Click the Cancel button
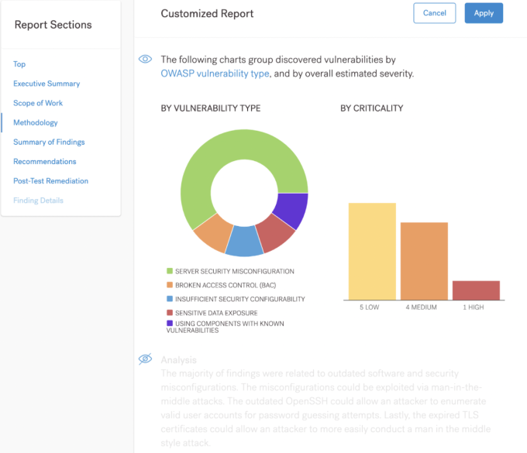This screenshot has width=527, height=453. click(x=435, y=13)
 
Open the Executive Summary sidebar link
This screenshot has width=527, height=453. click(x=46, y=84)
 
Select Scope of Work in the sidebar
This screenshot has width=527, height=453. click(x=38, y=103)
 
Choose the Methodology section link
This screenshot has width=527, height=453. click(x=36, y=122)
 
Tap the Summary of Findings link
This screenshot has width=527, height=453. click(x=49, y=142)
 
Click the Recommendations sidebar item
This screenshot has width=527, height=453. click(x=45, y=161)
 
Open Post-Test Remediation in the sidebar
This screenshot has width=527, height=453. click(x=51, y=180)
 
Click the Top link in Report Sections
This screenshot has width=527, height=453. click(x=19, y=64)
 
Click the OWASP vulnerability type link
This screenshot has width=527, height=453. click(x=215, y=74)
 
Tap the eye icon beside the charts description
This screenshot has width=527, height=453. click(x=144, y=59)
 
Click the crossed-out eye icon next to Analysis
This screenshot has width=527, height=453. click(x=144, y=359)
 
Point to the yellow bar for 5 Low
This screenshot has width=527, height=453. click(x=372, y=252)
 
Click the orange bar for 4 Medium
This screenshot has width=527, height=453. click(x=424, y=261)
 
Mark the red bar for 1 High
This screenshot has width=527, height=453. click(x=476, y=290)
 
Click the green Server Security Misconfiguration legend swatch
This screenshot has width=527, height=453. click(x=170, y=272)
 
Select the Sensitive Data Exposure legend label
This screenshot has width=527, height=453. click(x=218, y=313)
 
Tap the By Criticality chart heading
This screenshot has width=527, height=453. click(x=371, y=108)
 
